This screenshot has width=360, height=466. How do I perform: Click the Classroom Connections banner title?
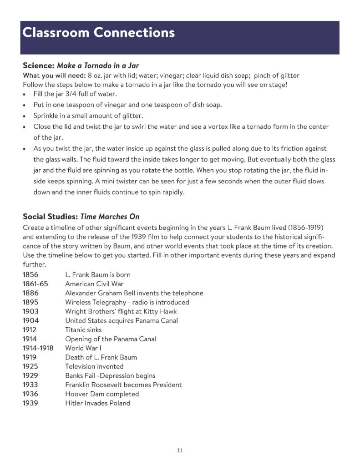[98, 33]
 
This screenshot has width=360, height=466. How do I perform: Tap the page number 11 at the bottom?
[180, 451]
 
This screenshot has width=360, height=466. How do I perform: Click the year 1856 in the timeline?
[30, 275]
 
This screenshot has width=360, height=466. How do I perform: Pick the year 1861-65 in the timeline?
[35, 284]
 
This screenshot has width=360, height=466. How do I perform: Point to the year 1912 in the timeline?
[30, 329]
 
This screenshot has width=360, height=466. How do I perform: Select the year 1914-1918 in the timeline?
[38, 348]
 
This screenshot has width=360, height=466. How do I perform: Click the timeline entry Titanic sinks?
[83, 329]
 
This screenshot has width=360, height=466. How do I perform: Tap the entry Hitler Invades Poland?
[97, 403]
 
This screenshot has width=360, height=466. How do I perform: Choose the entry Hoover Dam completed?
[102, 394]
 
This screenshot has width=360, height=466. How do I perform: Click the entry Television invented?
[94, 366]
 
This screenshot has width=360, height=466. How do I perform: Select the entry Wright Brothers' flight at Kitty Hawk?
[121, 311]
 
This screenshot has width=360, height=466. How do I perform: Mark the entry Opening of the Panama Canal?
[109, 339]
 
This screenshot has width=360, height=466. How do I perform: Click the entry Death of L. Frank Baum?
[101, 357]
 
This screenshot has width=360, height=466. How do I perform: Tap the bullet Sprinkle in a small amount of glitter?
[87, 116]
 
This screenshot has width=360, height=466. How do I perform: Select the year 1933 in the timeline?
[30, 385]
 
